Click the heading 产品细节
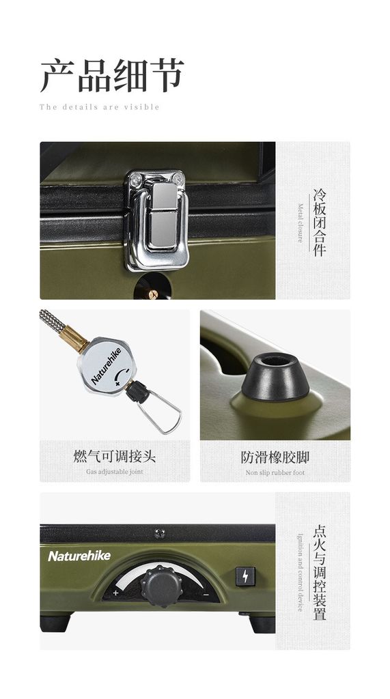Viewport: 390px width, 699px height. point(111,75)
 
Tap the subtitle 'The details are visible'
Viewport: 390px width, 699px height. point(99,107)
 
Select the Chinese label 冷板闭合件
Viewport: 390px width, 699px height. point(320,223)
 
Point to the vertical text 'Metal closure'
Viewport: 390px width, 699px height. point(301,223)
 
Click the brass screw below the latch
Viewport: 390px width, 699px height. point(153,294)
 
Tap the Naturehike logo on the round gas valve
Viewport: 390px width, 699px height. point(106,366)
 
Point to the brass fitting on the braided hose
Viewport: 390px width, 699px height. point(74,338)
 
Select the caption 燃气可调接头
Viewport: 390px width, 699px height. point(115,457)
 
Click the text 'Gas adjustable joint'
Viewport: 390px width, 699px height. point(115,472)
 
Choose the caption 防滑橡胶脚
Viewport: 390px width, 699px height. point(275,457)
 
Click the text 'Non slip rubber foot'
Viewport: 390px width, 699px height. point(275,472)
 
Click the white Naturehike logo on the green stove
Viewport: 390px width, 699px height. point(79,556)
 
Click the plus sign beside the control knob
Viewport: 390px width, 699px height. point(116,593)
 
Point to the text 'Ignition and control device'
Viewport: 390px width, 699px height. point(301,573)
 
